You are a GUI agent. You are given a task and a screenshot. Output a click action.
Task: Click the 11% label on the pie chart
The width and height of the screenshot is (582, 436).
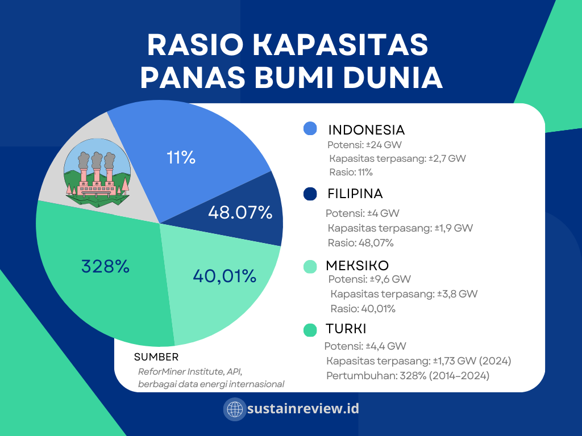click(181, 157)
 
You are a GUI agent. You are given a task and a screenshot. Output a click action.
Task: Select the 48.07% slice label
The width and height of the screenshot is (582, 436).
click(240, 212)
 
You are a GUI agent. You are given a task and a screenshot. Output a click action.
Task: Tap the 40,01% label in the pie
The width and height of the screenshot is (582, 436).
click(225, 276)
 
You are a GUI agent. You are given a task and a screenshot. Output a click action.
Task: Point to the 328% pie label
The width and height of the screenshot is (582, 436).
click(105, 266)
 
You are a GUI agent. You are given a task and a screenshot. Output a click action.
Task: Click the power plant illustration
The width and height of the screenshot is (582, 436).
click(97, 173)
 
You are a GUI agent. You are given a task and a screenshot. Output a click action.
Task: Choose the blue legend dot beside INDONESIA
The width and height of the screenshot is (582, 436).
click(310, 129)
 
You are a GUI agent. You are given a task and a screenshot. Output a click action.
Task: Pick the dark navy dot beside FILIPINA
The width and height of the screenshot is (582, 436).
click(310, 194)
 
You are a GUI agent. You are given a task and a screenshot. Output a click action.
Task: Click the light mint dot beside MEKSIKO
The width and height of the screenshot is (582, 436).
click(310, 267)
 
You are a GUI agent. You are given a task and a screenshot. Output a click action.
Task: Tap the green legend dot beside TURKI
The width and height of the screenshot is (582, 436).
click(310, 330)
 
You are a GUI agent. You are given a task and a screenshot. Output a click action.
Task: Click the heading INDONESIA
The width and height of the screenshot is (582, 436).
click(367, 130)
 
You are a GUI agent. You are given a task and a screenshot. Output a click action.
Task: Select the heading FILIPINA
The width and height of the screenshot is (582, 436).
click(355, 194)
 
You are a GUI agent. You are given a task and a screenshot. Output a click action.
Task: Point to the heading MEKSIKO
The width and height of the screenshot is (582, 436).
click(357, 266)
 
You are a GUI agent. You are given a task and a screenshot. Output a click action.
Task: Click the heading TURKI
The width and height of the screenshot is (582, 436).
click(346, 329)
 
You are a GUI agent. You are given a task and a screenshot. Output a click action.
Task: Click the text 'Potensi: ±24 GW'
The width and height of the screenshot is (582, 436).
click(364, 145)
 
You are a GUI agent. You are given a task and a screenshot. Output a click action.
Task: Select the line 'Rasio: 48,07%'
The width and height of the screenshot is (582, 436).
click(360, 243)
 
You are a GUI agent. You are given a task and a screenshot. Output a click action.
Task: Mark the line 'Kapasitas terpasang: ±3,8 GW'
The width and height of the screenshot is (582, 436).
click(404, 294)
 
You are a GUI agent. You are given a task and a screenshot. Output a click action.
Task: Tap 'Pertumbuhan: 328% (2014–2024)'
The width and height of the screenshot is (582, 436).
click(408, 376)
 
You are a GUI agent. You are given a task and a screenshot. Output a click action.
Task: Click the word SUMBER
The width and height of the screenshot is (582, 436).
click(156, 357)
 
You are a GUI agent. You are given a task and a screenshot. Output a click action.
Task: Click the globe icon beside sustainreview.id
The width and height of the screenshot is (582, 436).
click(235, 409)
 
